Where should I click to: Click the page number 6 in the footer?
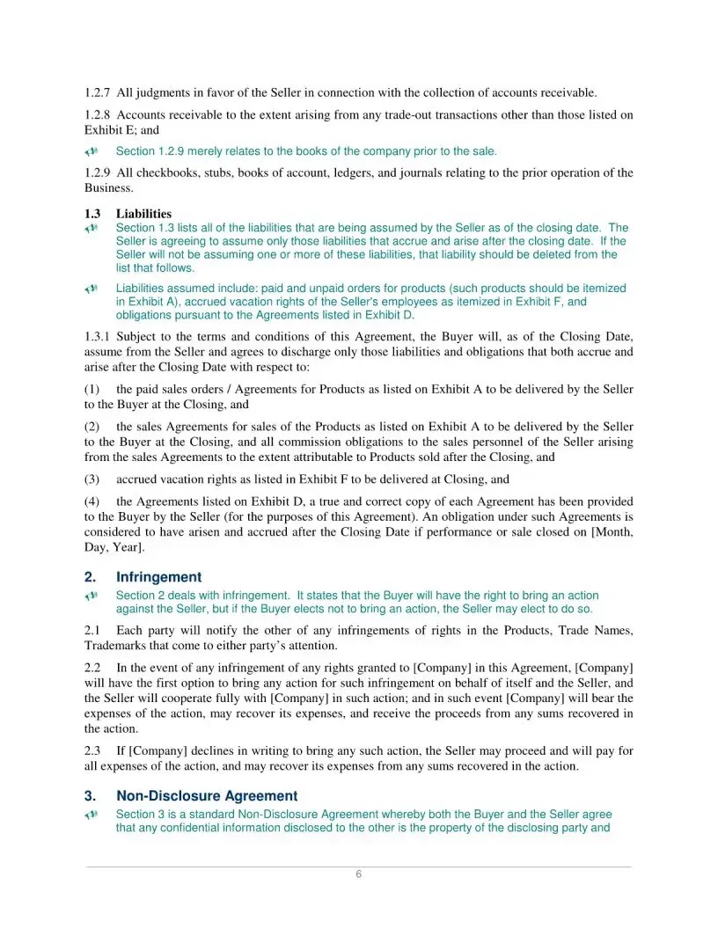[x=358, y=874]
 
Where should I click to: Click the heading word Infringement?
[x=158, y=577]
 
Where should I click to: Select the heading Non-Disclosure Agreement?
[x=207, y=796]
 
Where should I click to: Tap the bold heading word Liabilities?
[x=143, y=214]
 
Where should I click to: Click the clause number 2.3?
[x=93, y=751]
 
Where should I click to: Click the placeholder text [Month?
[x=610, y=533]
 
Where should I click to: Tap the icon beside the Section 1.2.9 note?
[x=91, y=152]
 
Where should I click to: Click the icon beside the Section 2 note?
[x=91, y=596]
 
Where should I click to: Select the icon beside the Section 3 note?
[x=91, y=816]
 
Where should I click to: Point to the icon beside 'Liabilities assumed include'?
[x=91, y=289]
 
